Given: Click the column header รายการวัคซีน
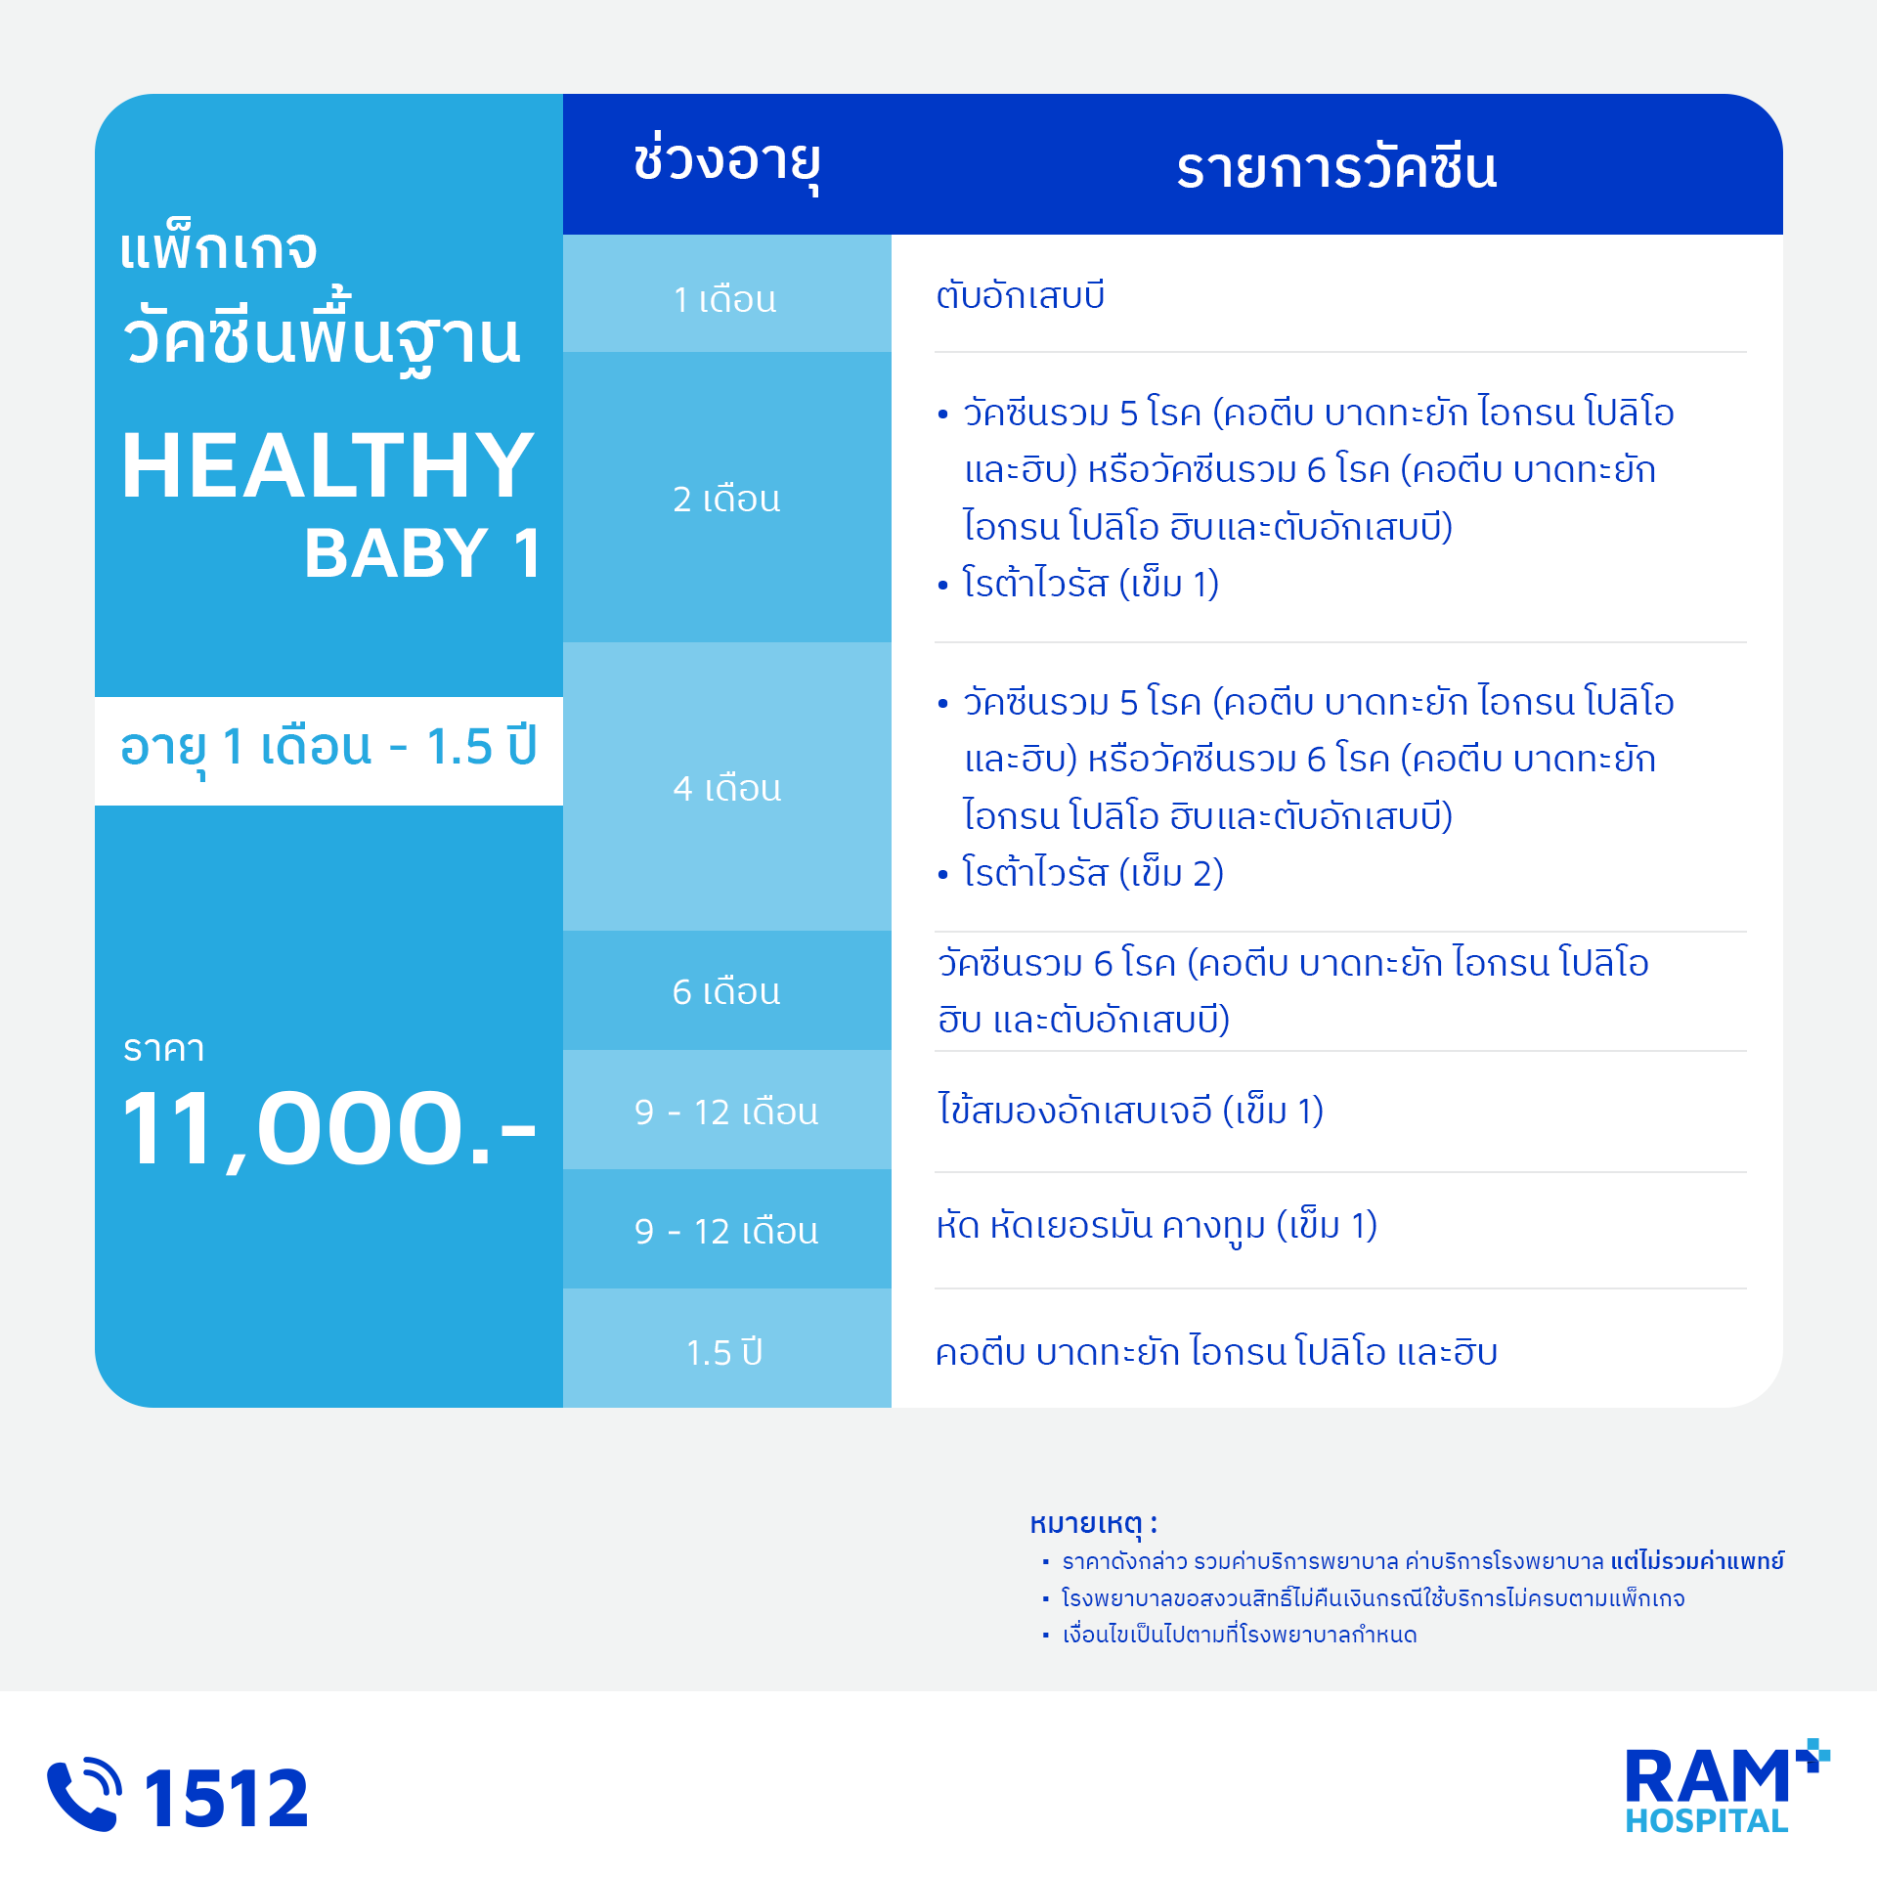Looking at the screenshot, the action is point(1336,167).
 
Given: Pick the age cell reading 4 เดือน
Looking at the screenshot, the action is point(726,788).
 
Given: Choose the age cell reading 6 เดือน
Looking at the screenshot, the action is point(726,991).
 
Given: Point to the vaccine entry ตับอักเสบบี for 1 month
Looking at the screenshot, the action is point(1020,294).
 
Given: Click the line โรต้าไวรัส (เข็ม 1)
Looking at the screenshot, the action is point(1090,584).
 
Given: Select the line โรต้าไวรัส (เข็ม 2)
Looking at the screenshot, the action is point(1093,872).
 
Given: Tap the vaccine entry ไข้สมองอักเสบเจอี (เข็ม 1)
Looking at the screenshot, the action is point(1131,1110).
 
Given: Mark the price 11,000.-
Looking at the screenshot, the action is point(328,1130).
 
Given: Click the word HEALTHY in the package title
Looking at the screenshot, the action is point(327,466).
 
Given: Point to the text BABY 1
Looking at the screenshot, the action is point(422,552).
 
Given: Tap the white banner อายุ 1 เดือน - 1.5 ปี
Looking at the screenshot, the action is point(328,751).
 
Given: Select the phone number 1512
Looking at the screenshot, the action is point(226,1798).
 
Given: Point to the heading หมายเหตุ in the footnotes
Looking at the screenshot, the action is point(1093,1523).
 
